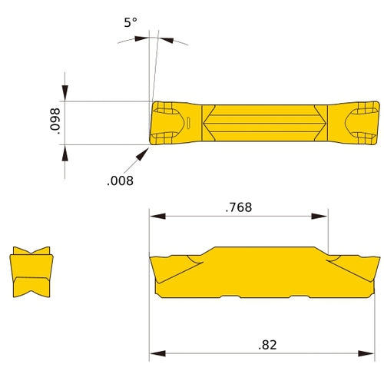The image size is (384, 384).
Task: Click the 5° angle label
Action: (131, 23)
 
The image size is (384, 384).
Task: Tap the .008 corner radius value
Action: (121, 181)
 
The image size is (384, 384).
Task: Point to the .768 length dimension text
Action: (240, 207)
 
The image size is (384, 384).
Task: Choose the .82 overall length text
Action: (268, 345)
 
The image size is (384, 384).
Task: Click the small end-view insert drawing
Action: (31, 273)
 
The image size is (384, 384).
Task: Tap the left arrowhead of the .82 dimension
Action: (155, 354)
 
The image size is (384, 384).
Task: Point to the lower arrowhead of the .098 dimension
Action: (65, 151)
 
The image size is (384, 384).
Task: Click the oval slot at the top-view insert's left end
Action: (187, 122)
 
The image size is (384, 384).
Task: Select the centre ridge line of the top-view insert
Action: (266, 122)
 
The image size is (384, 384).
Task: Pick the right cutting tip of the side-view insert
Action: (377, 260)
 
